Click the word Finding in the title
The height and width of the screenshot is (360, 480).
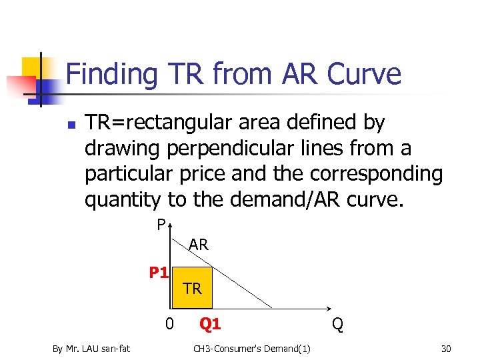pyautogui.click(x=111, y=74)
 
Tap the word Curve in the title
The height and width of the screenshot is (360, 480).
pyautogui.click(x=364, y=74)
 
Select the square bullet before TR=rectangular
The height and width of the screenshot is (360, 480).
pyautogui.click(x=71, y=124)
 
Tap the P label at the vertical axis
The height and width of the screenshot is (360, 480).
pyautogui.click(x=161, y=225)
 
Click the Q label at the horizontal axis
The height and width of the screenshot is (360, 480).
pyautogui.click(x=338, y=325)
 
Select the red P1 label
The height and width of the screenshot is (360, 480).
pyautogui.click(x=159, y=272)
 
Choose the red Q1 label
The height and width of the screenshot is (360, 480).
pyautogui.click(x=211, y=325)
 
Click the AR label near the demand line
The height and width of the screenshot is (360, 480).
pyautogui.click(x=199, y=245)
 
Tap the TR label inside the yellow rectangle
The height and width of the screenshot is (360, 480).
pyautogui.click(x=193, y=289)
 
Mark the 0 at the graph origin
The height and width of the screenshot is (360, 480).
pyautogui.click(x=170, y=325)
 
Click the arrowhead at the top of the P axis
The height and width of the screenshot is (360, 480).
pyautogui.click(x=171, y=222)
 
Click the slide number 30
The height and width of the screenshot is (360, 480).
pyautogui.click(x=446, y=347)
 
